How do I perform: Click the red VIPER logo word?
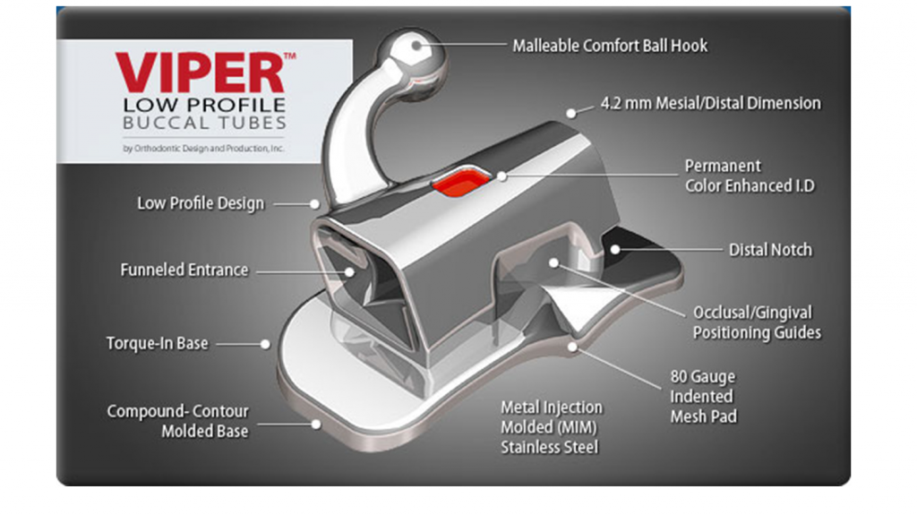click(200, 73)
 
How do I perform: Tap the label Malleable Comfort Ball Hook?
click(610, 45)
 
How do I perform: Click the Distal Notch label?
click(770, 250)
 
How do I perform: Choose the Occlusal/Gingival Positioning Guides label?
click(757, 322)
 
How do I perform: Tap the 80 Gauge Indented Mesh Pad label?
click(703, 396)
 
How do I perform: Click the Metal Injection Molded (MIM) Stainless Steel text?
click(552, 427)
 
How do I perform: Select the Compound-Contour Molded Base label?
click(178, 421)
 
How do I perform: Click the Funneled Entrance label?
click(184, 270)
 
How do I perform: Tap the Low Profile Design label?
click(201, 203)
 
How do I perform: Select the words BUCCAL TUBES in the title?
click(205, 124)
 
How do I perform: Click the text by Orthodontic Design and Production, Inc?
click(204, 149)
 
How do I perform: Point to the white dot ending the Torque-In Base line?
click(266, 343)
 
